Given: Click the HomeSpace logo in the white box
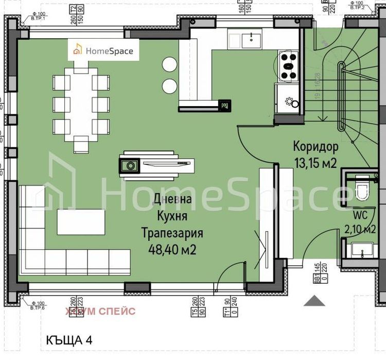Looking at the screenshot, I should [x=104, y=50].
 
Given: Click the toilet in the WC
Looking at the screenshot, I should [x=362, y=190].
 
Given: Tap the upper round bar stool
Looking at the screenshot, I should [x=169, y=64].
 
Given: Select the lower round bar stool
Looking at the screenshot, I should [x=169, y=85].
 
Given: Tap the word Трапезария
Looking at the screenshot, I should [x=172, y=233].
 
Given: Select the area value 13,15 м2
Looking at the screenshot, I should [x=315, y=164].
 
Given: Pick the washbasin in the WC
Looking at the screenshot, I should [x=362, y=251].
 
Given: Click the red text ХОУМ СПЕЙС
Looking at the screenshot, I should [x=100, y=311].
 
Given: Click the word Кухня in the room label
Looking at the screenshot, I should [x=173, y=216].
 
